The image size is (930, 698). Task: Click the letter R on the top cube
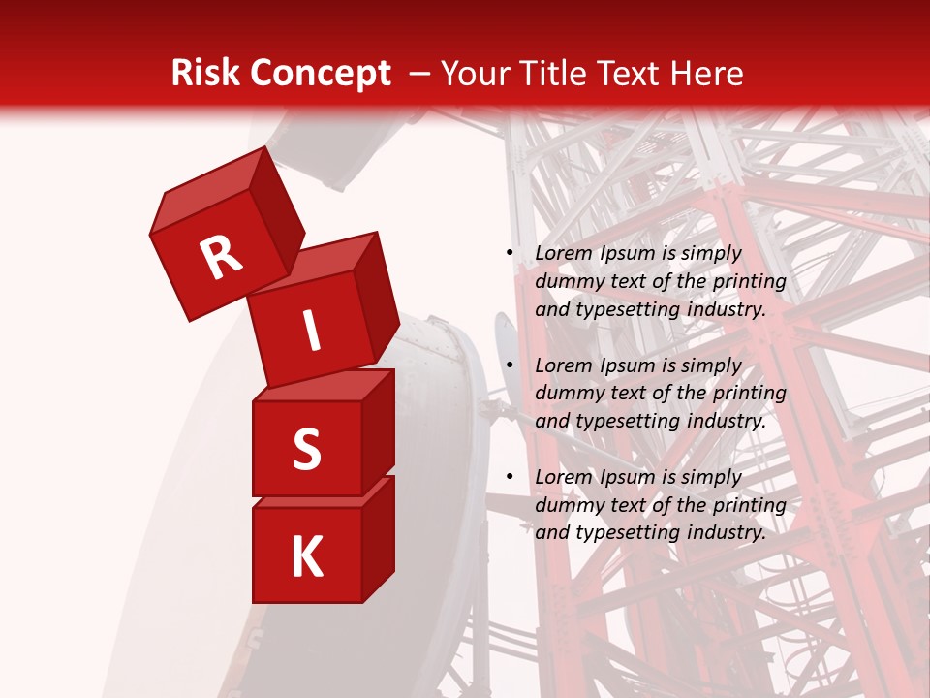[x=221, y=257]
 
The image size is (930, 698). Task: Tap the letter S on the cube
[x=306, y=449]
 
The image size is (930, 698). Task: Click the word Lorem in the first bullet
[x=562, y=253]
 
